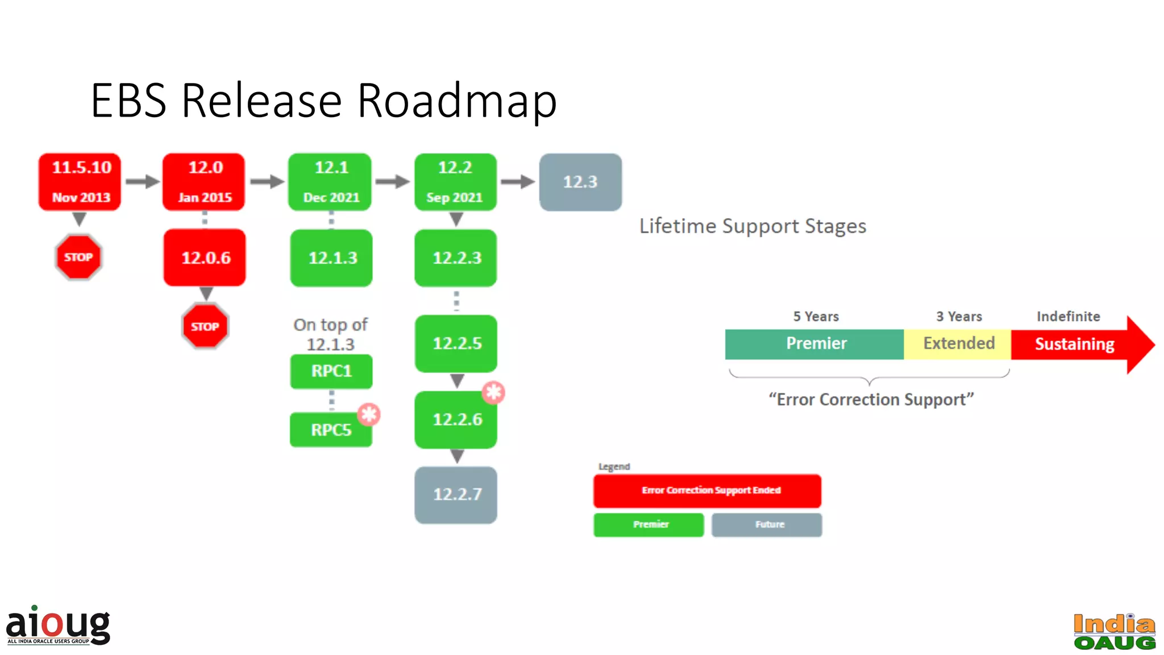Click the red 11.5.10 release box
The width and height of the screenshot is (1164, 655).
80,182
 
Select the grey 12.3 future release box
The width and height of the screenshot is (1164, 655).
580,182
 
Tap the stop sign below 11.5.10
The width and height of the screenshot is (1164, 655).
78,257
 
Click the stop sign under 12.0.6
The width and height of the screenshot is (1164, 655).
205,326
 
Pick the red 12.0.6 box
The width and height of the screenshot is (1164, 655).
205,258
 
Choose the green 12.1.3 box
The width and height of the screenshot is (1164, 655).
332,258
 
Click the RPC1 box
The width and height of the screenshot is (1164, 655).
331,371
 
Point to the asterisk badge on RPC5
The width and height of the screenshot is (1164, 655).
369,414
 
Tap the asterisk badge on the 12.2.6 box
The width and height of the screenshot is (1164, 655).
493,392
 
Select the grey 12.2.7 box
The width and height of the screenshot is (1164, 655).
456,495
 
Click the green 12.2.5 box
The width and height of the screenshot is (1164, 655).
456,343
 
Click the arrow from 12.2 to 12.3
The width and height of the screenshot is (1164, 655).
517,182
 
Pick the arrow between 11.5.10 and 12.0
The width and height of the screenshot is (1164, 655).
142,182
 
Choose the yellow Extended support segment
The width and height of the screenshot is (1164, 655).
958,343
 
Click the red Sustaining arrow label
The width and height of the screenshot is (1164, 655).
1074,344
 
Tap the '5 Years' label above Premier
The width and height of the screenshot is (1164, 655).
816,317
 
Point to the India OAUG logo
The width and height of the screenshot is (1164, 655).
1114,631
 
